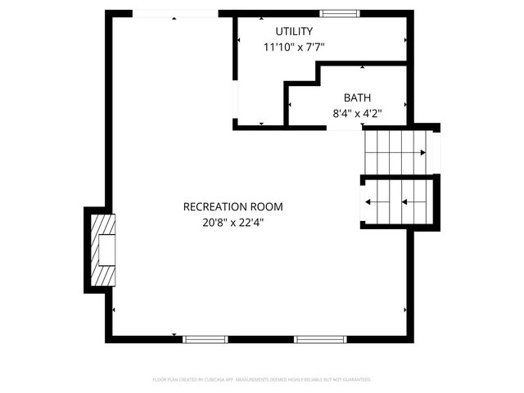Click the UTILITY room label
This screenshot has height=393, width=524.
(294, 31)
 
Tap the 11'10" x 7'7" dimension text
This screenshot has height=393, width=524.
(294, 47)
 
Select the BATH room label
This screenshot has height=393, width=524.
(357, 97)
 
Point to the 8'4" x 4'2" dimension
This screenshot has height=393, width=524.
(357, 113)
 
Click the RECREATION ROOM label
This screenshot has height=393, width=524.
(233, 206)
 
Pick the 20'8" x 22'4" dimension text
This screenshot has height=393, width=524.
(233, 222)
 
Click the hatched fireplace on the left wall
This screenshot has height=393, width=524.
(102, 249)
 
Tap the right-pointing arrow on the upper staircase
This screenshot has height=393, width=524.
(422, 152)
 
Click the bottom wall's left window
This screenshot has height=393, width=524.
(205, 339)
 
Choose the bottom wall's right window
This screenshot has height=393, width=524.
(320, 339)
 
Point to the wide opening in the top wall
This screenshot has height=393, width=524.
(174, 13)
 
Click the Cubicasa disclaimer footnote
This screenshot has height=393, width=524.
(262, 380)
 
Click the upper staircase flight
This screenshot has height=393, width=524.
(395, 151)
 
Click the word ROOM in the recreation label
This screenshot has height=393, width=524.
(269, 206)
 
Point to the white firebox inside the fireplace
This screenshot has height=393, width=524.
(106, 250)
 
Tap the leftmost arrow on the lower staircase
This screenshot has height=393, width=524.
(368, 201)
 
